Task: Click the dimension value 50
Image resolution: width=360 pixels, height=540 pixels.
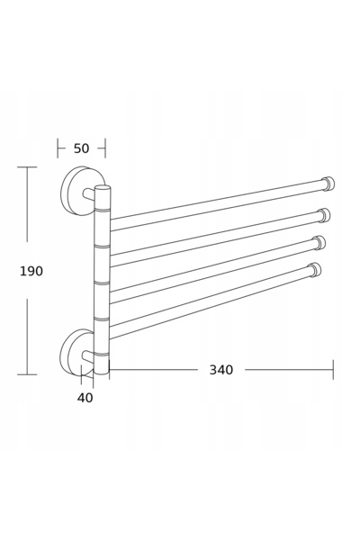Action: coord(81,148)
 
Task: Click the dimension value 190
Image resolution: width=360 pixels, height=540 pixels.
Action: coord(31,272)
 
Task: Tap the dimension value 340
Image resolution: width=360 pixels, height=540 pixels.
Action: coord(221,370)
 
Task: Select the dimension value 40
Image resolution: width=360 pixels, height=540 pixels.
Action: coord(85,398)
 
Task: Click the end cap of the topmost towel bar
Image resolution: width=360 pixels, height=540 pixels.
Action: coord(328,184)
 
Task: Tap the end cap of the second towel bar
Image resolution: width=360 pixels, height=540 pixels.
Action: coord(324,215)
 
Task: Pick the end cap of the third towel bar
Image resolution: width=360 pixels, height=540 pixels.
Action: coord(319,242)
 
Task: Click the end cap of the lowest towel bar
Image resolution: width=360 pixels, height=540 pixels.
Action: coord(315,270)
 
